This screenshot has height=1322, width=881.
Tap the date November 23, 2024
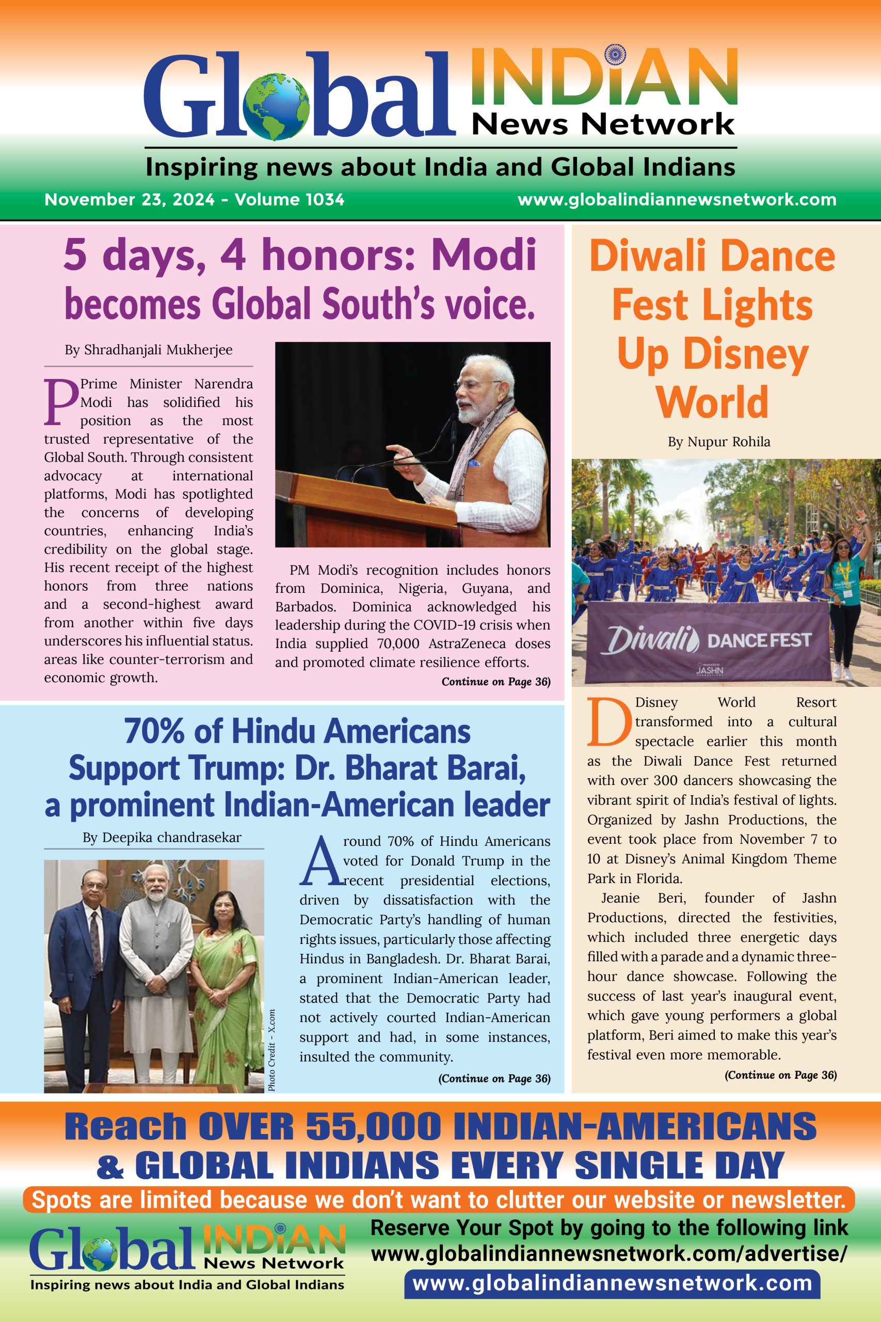[129, 200]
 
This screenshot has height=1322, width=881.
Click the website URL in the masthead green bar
[677, 200]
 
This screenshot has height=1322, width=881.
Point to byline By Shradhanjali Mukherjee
[148, 350]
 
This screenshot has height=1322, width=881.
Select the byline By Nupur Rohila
[718, 442]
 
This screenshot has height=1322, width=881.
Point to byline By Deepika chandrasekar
[162, 838]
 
